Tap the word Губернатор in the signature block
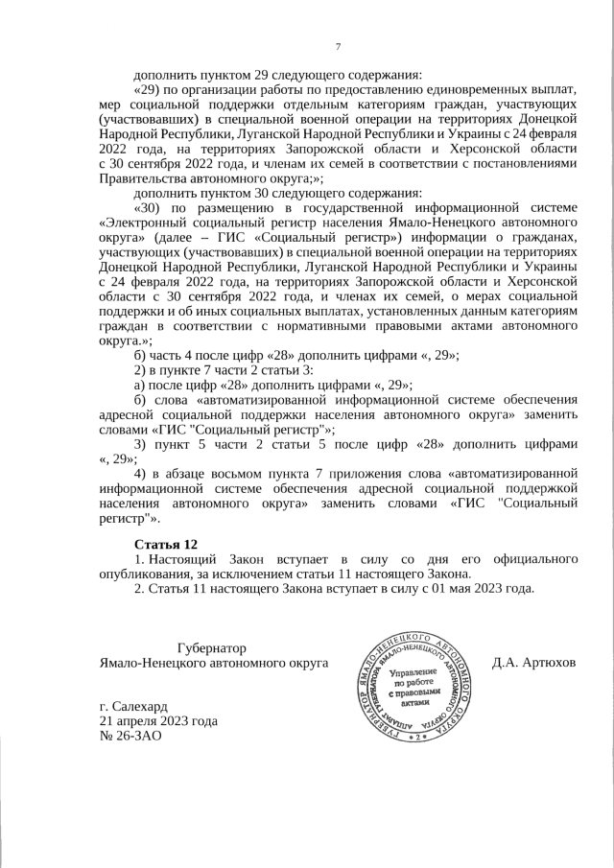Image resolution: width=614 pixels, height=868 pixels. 212,648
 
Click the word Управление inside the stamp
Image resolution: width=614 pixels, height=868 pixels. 415,671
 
